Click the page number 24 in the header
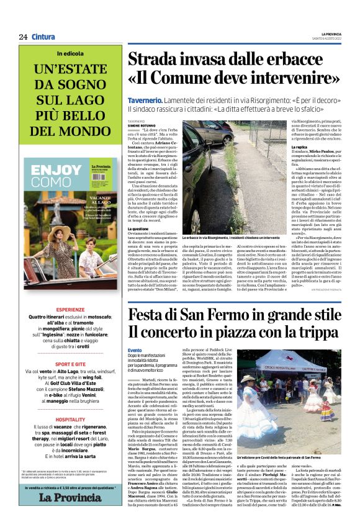(x=22, y=37)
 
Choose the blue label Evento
(x=135, y=350)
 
